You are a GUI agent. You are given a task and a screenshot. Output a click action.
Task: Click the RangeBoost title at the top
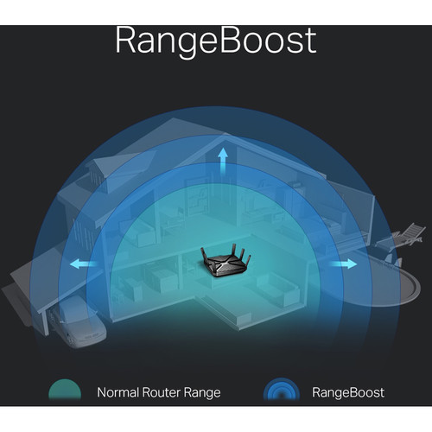(x=216, y=41)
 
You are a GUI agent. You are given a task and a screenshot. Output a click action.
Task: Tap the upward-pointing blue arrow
(x=223, y=162)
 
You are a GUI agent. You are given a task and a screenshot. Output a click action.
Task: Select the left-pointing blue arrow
(x=84, y=264)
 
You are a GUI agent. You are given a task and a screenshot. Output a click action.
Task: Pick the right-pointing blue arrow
(x=343, y=264)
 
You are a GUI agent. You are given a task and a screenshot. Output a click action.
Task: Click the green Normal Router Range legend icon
(x=65, y=391)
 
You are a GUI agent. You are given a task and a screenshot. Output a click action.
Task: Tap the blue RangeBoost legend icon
(x=282, y=390)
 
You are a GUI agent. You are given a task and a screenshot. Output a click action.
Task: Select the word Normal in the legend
(x=118, y=392)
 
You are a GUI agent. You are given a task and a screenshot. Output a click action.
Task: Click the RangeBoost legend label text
(x=348, y=393)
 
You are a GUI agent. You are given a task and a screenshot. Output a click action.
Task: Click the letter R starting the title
(x=125, y=41)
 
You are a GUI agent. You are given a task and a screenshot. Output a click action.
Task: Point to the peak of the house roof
(x=224, y=136)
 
